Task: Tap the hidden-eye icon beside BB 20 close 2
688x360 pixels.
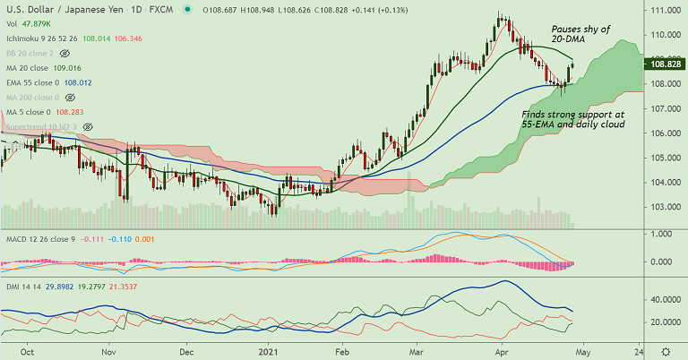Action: coord(64,53)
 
